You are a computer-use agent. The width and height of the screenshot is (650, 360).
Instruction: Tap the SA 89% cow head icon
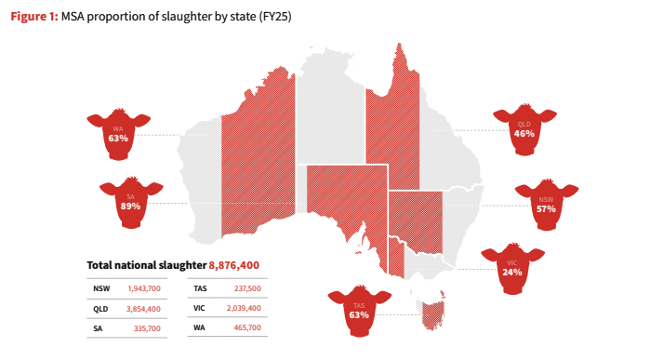coord(130,202)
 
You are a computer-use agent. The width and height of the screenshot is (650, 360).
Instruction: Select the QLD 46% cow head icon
coord(524,129)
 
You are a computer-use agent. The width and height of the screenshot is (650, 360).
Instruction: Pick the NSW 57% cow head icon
coord(546,205)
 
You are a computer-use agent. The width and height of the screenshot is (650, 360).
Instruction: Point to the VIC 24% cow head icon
coord(511,269)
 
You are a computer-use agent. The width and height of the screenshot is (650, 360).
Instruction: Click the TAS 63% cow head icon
coord(360,312)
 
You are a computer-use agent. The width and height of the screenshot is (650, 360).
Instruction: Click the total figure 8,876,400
coord(234,265)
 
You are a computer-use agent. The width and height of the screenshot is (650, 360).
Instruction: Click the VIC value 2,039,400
coord(242,309)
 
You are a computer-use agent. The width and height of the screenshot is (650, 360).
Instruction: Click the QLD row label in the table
coord(101,309)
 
